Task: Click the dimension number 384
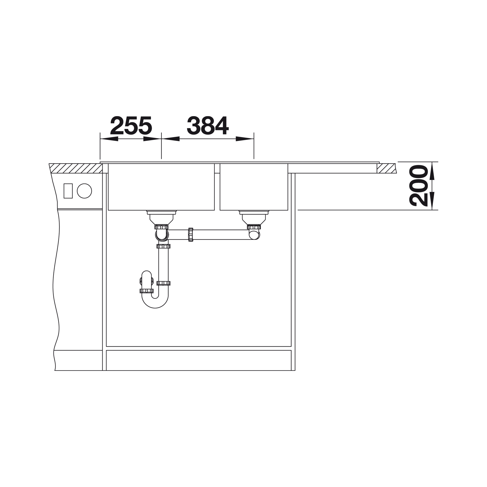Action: coord(208,125)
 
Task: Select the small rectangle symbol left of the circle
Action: coord(68,191)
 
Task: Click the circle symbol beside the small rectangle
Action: coord(84,191)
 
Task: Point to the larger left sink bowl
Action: coord(161,187)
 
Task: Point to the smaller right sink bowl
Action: coord(254,187)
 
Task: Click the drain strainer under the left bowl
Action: coord(161,217)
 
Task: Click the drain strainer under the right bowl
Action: coord(254,217)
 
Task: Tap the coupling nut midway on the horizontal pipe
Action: coord(191,235)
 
